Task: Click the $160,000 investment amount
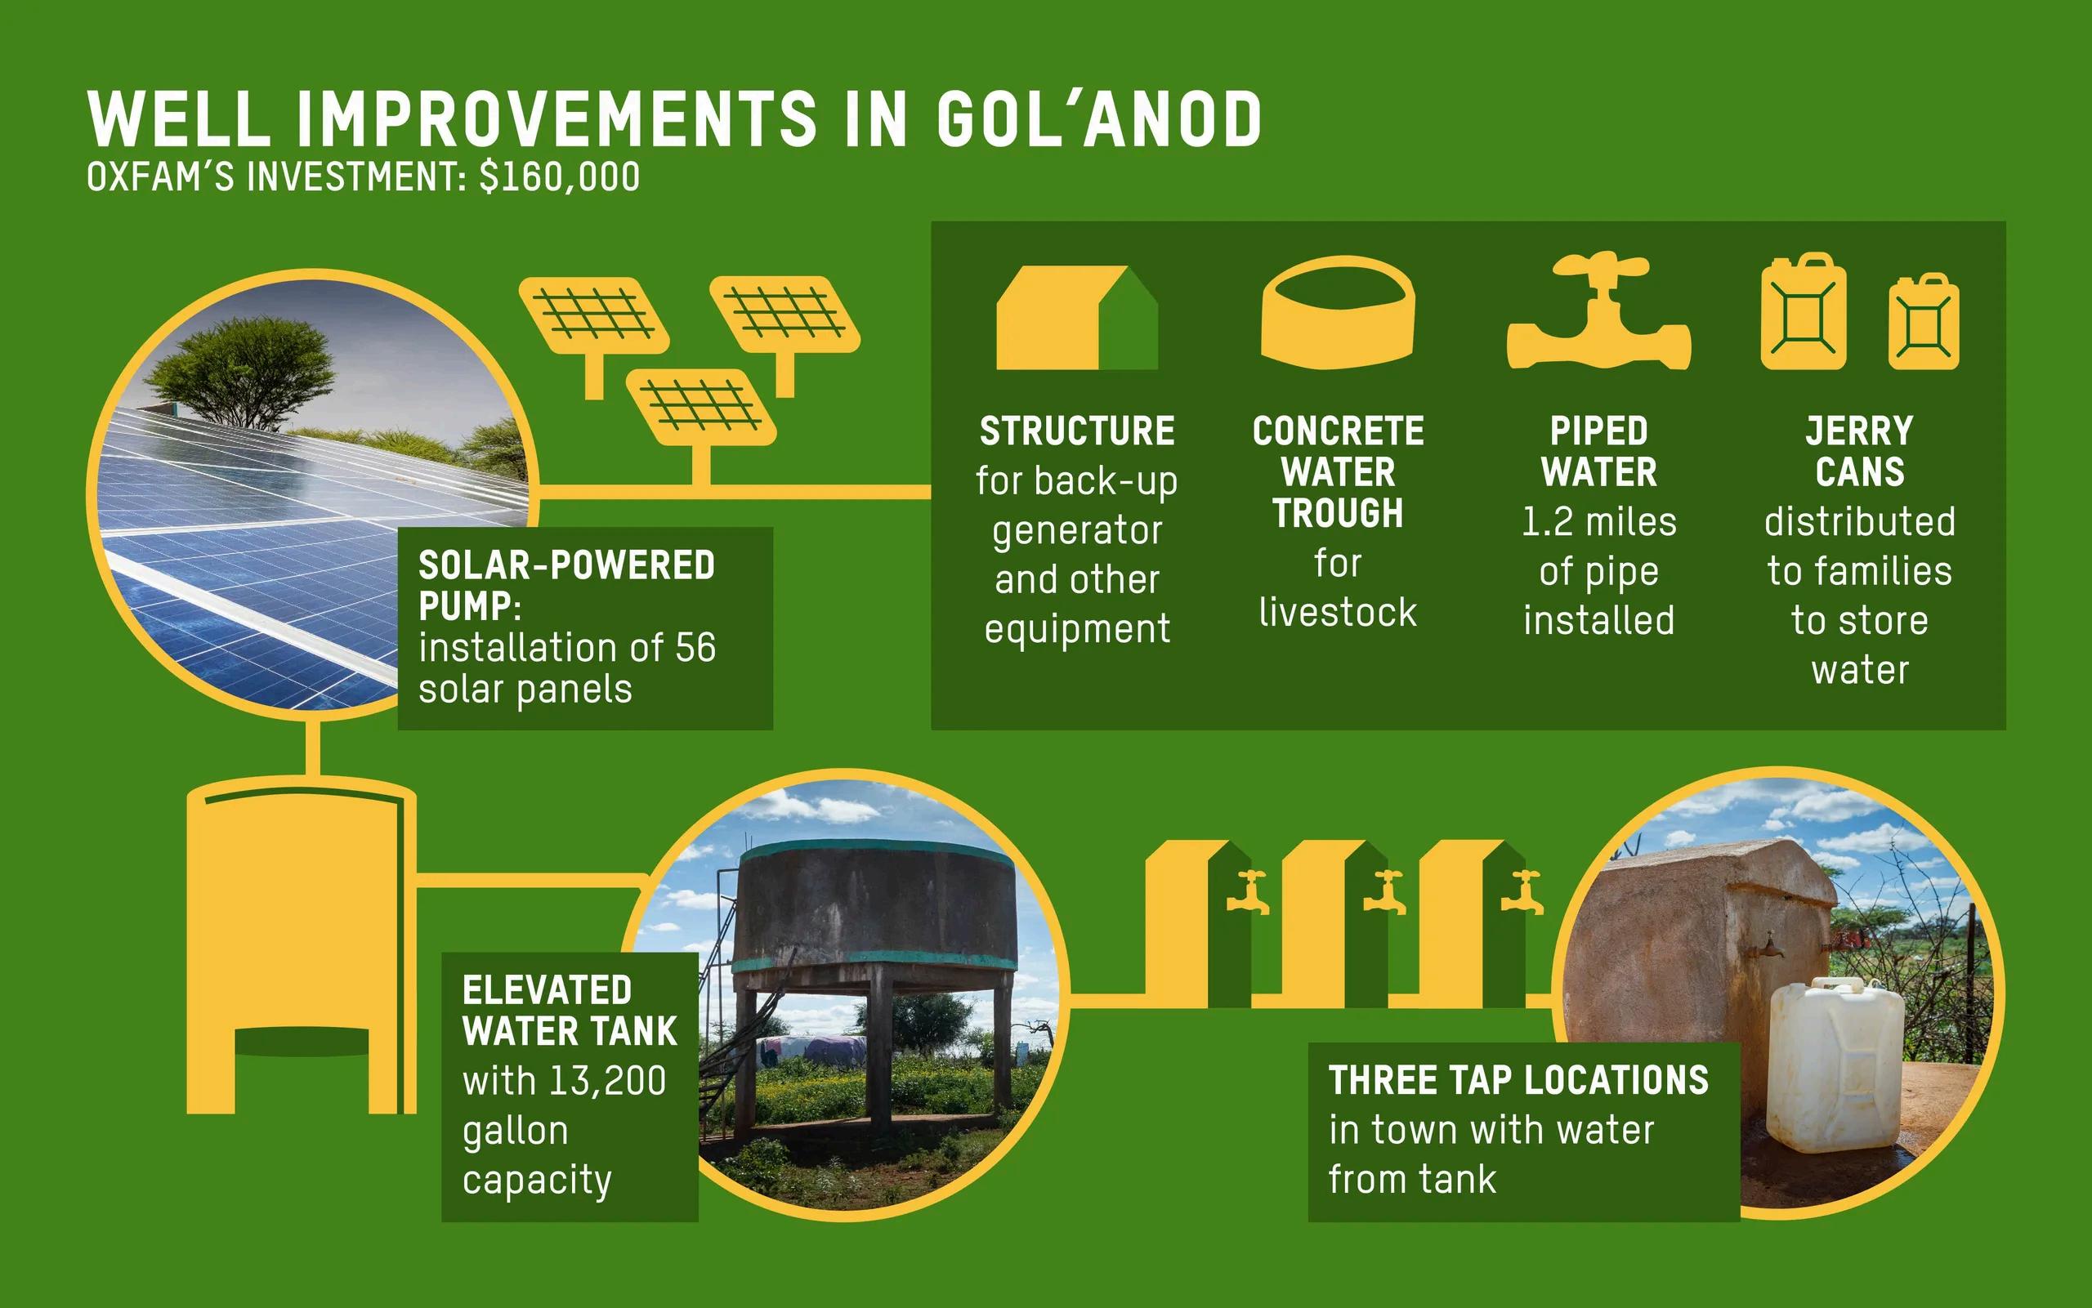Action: click(560, 176)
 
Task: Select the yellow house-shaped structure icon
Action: click(1077, 318)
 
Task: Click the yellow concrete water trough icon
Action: click(1338, 311)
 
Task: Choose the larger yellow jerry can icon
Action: click(1804, 311)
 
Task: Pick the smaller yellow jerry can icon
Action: click(1924, 321)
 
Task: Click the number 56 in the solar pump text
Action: click(695, 648)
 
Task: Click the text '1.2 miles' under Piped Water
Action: click(1599, 521)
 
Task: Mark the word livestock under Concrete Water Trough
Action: click(1338, 613)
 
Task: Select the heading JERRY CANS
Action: click(1860, 452)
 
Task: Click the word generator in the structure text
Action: click(1077, 530)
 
